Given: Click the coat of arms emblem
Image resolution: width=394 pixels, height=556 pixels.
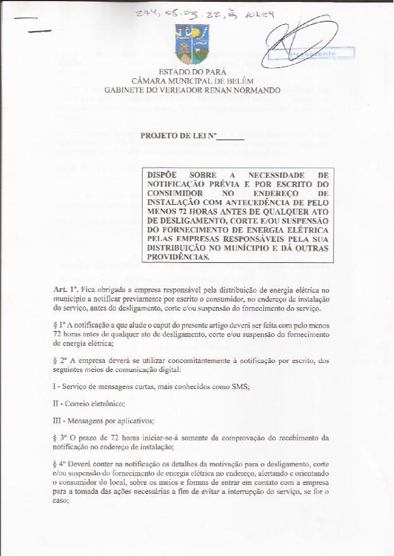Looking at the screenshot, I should pos(191,45).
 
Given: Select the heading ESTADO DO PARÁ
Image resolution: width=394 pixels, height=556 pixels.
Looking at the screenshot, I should pos(192,72).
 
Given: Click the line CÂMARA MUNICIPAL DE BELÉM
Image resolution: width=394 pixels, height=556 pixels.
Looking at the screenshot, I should pos(192,81).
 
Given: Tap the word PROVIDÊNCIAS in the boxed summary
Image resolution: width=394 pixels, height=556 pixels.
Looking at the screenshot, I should pos(178,257).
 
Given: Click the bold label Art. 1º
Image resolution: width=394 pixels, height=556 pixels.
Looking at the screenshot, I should pos(65,290).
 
